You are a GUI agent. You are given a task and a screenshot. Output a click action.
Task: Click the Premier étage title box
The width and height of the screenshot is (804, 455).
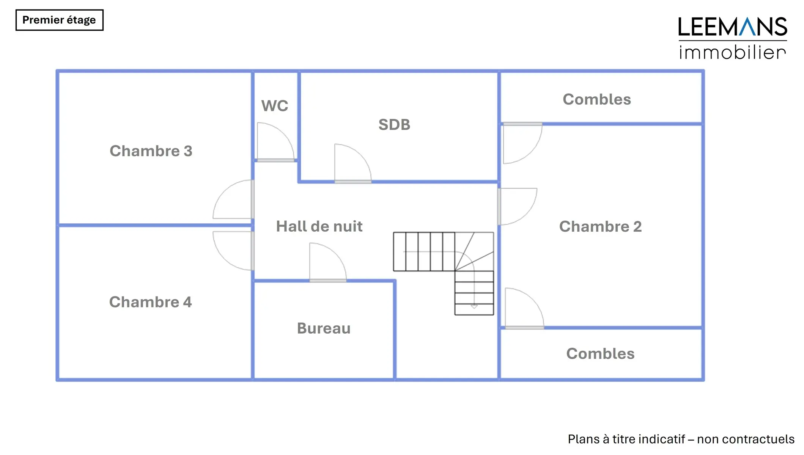click(x=59, y=20)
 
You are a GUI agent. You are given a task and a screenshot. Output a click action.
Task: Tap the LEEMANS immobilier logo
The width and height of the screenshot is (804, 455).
click(x=732, y=38)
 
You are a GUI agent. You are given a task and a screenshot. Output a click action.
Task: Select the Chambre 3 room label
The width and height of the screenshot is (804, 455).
click(x=151, y=151)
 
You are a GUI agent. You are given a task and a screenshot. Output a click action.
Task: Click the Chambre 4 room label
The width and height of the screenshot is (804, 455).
click(x=150, y=302)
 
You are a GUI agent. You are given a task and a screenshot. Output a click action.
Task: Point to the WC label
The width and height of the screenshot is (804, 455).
click(x=275, y=106)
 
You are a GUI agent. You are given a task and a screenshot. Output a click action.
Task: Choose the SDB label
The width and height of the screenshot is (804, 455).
click(x=394, y=125)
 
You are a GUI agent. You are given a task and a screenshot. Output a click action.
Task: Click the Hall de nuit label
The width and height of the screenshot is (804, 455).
click(x=319, y=226)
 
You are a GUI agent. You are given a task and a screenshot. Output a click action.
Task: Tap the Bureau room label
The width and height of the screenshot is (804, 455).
click(x=324, y=328)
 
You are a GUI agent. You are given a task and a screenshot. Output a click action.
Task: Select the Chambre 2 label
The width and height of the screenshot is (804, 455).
click(x=600, y=226)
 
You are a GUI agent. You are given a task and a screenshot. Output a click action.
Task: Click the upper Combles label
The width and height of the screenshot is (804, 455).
click(x=597, y=99)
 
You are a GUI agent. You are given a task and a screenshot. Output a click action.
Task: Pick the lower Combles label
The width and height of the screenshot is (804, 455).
click(x=600, y=354)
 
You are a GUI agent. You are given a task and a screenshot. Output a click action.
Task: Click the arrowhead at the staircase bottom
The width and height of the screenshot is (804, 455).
click(x=474, y=306)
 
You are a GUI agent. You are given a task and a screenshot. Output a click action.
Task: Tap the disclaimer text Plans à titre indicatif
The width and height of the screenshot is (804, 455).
click(x=681, y=439)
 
